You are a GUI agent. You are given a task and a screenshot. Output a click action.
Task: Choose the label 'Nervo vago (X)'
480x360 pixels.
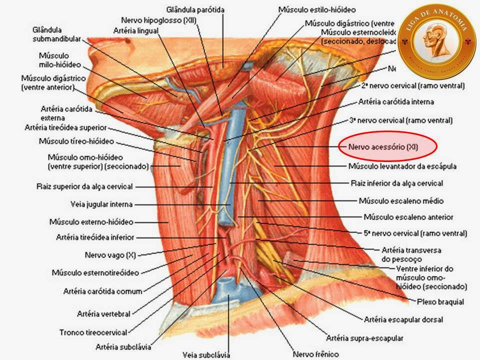(110, 255)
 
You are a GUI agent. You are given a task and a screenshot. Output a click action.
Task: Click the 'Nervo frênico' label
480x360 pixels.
(316, 354)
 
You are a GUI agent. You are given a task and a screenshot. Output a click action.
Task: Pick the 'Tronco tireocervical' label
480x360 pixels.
(93, 331)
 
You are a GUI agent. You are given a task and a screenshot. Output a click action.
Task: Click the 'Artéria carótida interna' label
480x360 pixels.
(396, 102)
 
